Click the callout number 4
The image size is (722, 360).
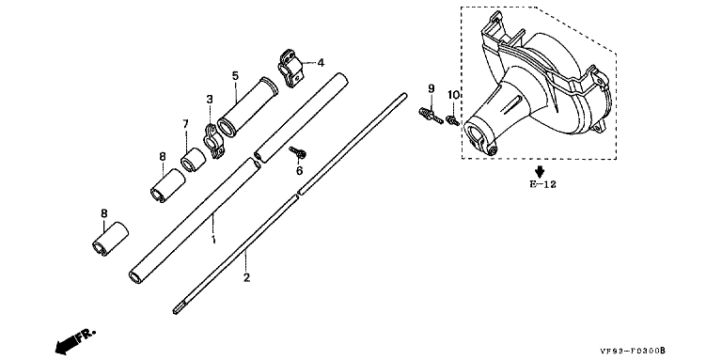(x=321, y=62)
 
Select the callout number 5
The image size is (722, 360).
(x=235, y=75)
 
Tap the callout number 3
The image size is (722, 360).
(x=210, y=99)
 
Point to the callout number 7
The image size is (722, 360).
(x=185, y=123)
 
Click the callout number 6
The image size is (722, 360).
(x=299, y=171)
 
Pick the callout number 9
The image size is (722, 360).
(x=431, y=88)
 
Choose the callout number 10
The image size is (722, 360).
(x=453, y=95)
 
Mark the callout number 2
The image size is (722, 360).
(x=247, y=277)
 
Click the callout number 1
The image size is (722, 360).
(x=213, y=240)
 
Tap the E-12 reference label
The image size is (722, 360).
(x=542, y=184)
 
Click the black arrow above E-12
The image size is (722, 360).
(x=540, y=172)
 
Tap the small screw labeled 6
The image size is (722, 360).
(x=297, y=152)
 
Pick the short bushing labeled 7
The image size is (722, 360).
(x=193, y=159)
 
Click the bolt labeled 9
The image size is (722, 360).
(x=431, y=115)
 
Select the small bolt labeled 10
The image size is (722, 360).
(x=453, y=121)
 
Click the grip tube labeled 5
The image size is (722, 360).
(x=247, y=107)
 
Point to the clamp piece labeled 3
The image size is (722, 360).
(x=212, y=141)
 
